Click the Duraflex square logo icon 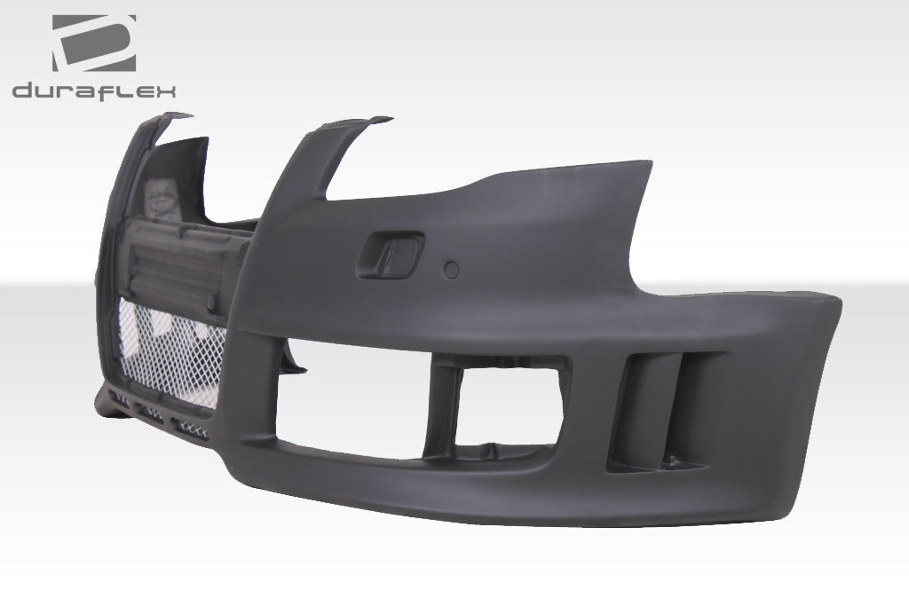(x=93, y=43)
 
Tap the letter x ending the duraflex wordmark (x=166, y=91)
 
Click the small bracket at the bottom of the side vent (x=679, y=461)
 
